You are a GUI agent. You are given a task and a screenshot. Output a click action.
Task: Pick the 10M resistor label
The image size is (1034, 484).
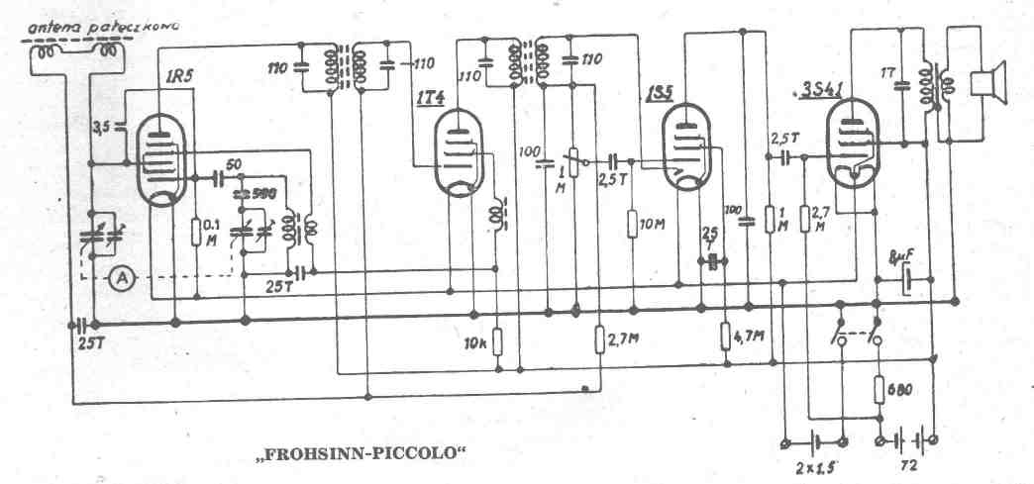tap(653, 225)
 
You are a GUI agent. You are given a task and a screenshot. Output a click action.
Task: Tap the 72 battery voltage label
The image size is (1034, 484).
tap(906, 462)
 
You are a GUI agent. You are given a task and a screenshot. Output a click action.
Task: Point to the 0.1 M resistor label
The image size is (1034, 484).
tap(210, 230)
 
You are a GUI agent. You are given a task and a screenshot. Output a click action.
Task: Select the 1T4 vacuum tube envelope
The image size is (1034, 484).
tap(457, 153)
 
